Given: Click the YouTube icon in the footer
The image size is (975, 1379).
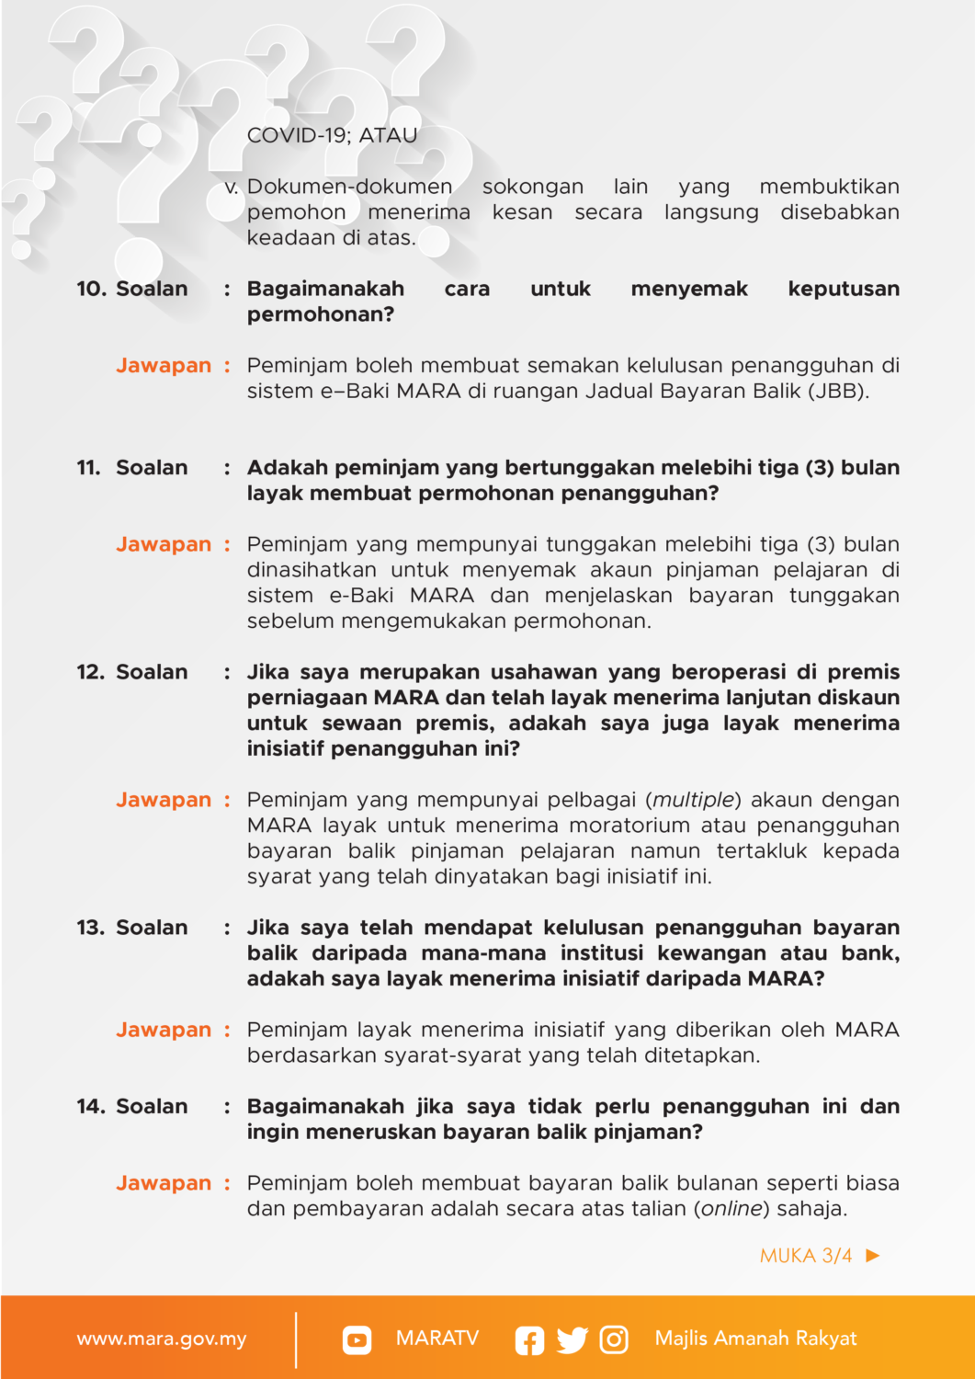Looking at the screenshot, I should click(357, 1339).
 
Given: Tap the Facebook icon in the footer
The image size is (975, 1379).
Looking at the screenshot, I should click(529, 1340).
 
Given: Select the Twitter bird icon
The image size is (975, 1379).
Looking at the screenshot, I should click(572, 1340).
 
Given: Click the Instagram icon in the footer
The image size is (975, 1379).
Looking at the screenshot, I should click(614, 1339).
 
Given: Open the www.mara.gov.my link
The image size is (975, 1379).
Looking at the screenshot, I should click(162, 1339).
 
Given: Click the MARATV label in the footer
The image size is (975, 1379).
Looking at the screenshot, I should click(437, 1338).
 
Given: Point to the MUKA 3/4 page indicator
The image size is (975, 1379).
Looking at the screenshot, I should click(806, 1256).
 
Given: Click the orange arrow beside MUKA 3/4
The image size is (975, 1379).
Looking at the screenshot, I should click(873, 1255).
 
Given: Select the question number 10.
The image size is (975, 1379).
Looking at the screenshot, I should click(90, 289).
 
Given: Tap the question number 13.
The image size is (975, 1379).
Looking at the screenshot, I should click(90, 928).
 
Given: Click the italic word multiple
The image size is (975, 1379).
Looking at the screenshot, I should click(694, 800).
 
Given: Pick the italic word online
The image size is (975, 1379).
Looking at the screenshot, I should click(732, 1208).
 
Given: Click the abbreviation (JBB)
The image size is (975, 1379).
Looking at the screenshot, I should click(838, 391).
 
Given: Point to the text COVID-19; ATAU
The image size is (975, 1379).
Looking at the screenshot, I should click(332, 135).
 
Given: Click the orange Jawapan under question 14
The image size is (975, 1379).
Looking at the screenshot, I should click(164, 1183).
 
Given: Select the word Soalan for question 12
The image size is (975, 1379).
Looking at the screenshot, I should click(152, 672).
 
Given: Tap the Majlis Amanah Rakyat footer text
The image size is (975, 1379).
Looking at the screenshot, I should click(755, 1339).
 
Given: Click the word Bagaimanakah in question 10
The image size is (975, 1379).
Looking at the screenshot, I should click(325, 289).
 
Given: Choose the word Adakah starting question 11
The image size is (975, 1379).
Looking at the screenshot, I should click(288, 468).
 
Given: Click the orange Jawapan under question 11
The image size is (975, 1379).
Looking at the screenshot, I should click(164, 544).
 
